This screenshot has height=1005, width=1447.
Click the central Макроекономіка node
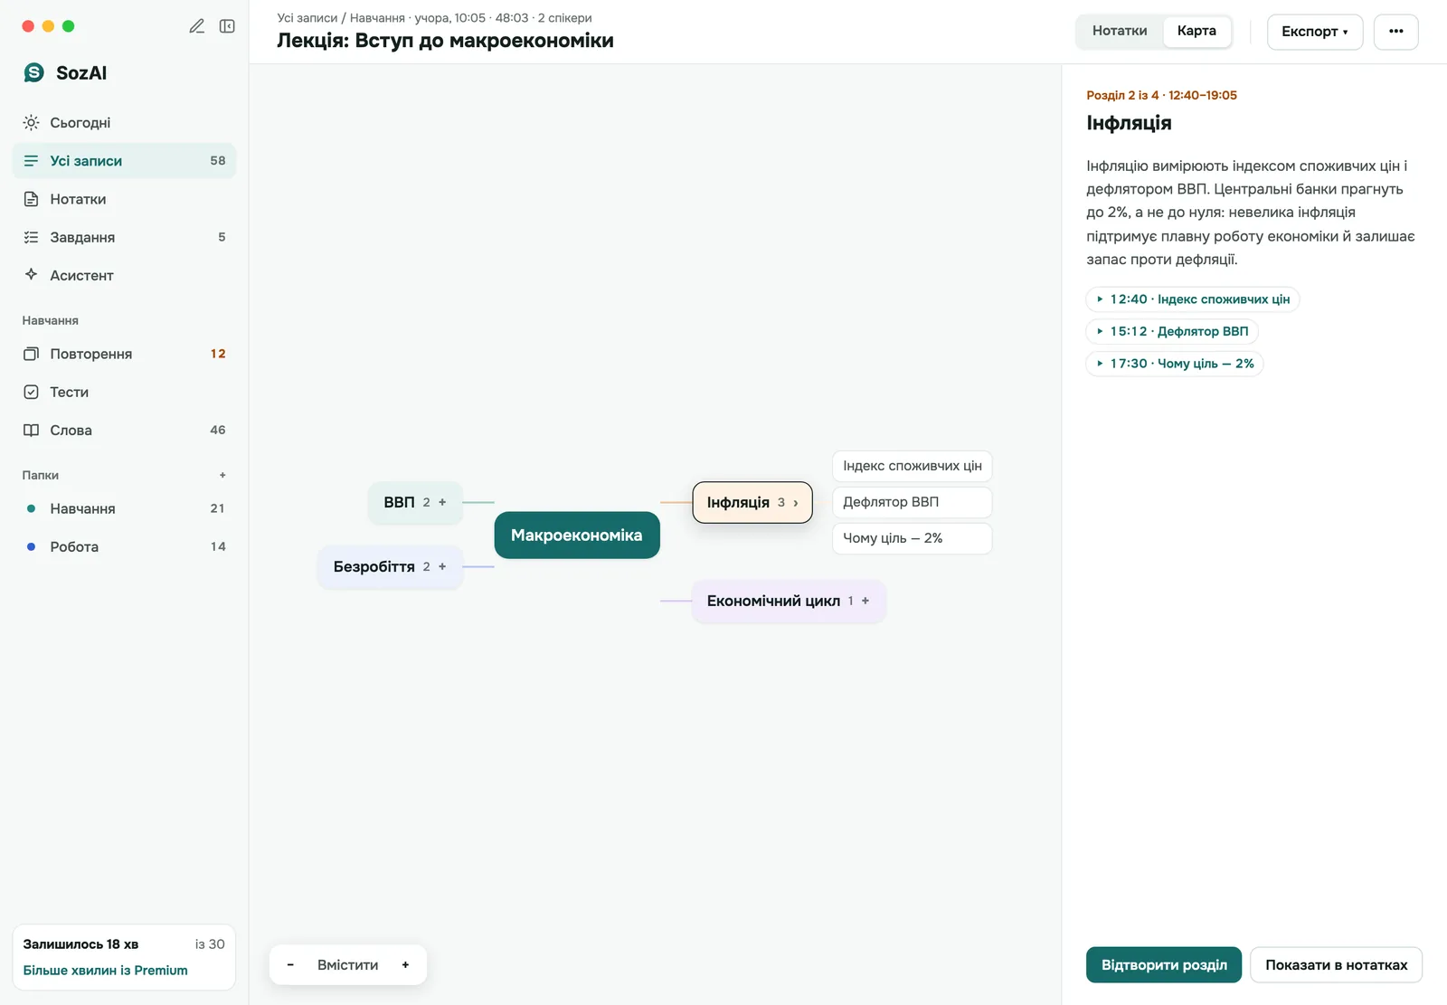(x=577, y=536)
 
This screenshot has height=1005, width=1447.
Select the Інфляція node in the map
(x=752, y=502)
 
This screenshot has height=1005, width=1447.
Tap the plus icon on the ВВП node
(x=442, y=502)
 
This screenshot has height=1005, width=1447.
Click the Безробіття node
(x=390, y=567)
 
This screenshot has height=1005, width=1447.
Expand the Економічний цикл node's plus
(x=865, y=601)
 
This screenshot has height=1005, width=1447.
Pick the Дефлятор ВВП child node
(x=913, y=502)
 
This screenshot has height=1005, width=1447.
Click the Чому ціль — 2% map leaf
(x=913, y=538)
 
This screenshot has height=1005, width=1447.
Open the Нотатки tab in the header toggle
(x=1120, y=31)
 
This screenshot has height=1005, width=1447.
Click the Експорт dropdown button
(x=1315, y=32)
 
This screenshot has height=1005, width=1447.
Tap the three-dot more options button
(x=1395, y=32)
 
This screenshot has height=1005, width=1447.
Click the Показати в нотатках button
(x=1336, y=965)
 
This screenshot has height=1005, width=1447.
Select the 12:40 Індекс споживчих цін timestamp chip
(x=1193, y=299)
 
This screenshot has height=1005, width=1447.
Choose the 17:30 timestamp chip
(x=1175, y=364)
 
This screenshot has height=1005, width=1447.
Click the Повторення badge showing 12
(x=218, y=355)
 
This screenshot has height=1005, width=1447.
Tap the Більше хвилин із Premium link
(x=105, y=970)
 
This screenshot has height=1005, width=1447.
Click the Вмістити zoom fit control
(x=347, y=965)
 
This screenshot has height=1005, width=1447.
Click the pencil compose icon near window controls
(x=196, y=26)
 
